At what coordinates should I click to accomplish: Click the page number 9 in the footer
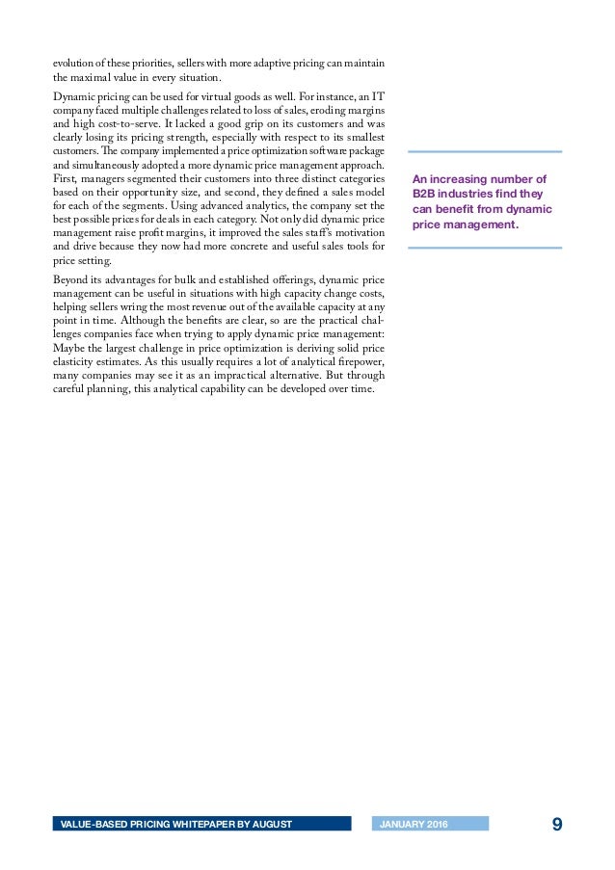click(x=557, y=824)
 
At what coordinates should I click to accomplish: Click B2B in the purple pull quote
click(x=423, y=194)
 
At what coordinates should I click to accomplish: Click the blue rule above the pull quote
click(x=485, y=151)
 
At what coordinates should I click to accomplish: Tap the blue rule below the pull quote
click(x=485, y=248)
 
